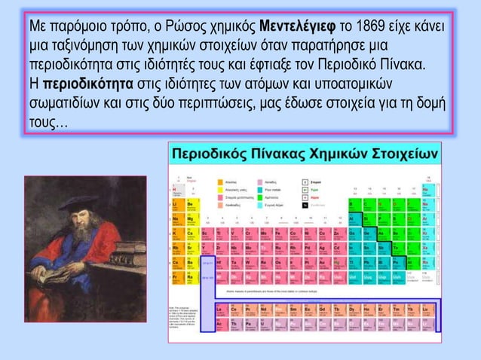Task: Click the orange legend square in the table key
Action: (220, 182)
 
